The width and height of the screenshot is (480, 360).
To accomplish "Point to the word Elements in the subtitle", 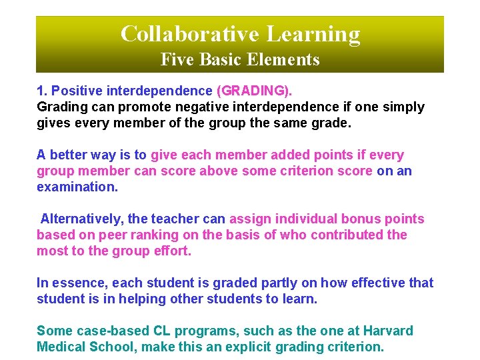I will tap(287, 59).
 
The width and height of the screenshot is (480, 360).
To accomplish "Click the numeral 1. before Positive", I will tap(42, 91).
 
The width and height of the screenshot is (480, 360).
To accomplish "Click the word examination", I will tap(77, 187).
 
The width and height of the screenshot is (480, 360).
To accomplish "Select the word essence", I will tap(76, 283).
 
